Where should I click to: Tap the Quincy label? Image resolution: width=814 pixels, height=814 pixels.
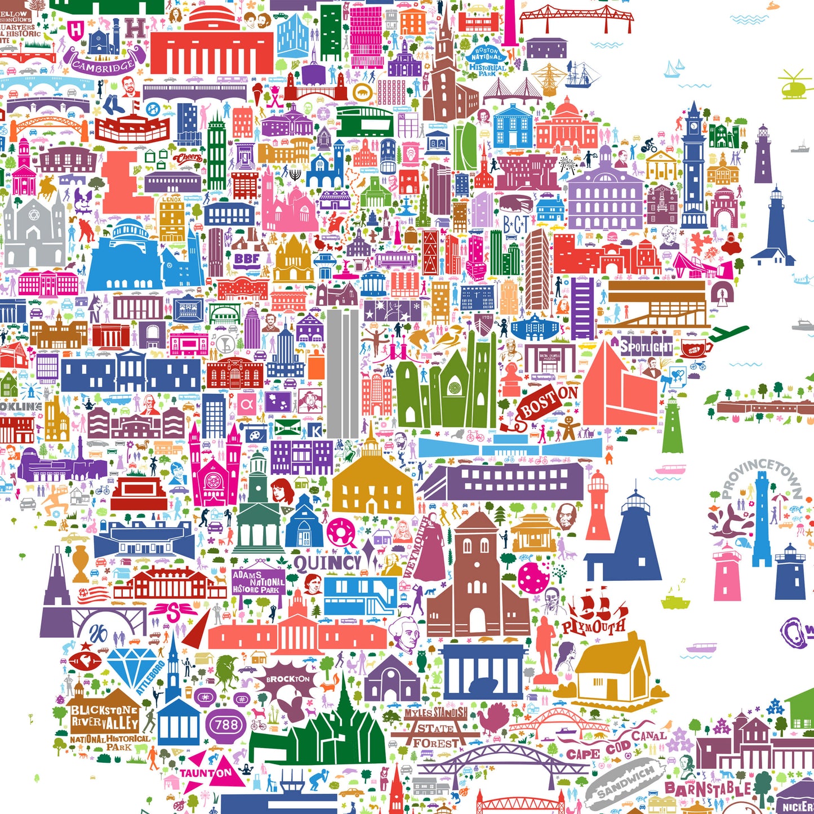[327, 563]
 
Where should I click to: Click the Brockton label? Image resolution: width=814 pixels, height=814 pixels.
[288, 679]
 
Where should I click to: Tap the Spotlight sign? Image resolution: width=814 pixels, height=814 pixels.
[646, 346]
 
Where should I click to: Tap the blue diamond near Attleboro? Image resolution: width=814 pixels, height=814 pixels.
[132, 668]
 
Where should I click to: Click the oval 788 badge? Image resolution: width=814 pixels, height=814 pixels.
[226, 724]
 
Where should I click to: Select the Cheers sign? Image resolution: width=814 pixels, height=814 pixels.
[187, 158]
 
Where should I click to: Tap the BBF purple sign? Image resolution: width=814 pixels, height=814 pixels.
[247, 259]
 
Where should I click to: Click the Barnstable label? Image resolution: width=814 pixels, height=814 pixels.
[708, 789]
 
